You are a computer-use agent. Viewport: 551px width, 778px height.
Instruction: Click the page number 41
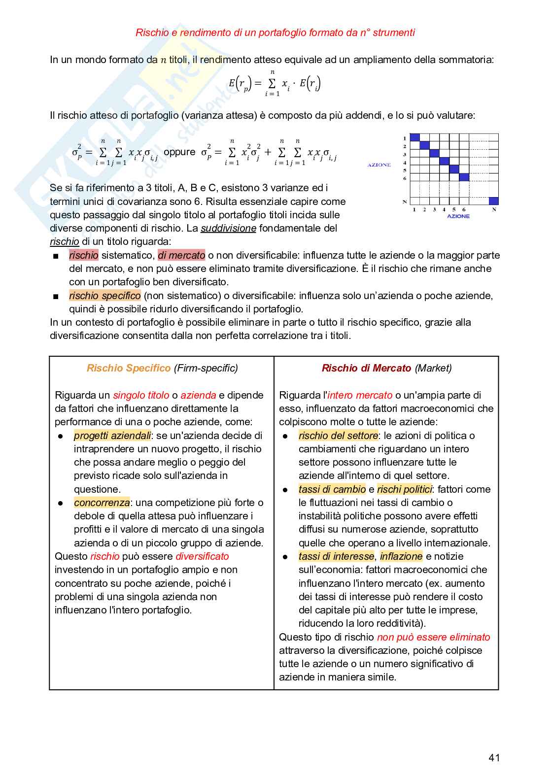tap(494, 757)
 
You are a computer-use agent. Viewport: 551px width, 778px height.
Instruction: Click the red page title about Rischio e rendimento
tap(275, 33)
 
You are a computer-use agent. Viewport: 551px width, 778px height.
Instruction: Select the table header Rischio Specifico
tap(128, 368)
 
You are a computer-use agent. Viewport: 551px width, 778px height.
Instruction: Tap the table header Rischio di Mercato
tap(366, 368)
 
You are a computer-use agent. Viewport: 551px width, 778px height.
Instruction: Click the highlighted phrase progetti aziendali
tap(112, 436)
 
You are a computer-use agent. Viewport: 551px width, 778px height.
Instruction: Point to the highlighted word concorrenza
tap(102, 503)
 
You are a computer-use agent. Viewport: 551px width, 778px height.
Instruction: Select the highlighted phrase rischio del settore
tap(338, 436)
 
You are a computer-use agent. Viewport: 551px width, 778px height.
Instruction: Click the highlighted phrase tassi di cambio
tap(332, 489)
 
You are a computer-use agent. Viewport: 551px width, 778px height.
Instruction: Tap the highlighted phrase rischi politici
tap(404, 489)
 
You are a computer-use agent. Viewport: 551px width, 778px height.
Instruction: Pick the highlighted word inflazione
tap(401, 556)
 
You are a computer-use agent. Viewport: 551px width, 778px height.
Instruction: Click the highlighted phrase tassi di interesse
tap(336, 556)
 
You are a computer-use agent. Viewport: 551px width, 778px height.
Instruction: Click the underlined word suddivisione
tap(228, 228)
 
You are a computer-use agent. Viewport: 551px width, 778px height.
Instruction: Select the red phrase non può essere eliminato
tap(433, 637)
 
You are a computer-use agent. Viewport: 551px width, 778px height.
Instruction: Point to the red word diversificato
tap(202, 556)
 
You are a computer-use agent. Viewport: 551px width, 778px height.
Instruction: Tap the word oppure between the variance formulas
tap(179, 152)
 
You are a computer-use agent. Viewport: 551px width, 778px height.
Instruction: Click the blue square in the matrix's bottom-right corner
tap(493, 201)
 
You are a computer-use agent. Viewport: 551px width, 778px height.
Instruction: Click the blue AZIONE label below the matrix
tap(458, 216)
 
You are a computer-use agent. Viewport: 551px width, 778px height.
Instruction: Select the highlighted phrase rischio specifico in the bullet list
tap(104, 296)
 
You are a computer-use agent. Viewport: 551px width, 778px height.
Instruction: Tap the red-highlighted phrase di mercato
tap(181, 255)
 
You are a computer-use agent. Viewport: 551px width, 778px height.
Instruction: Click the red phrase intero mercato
tap(360, 395)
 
